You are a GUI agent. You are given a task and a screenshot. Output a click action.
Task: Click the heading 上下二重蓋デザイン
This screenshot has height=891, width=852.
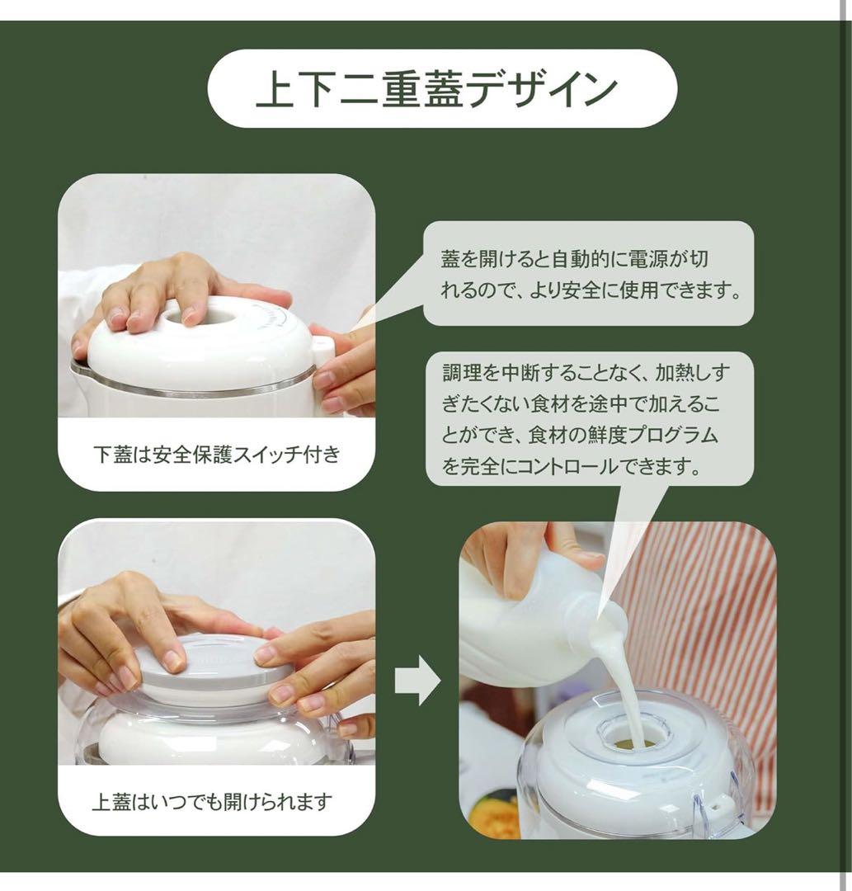[437, 89]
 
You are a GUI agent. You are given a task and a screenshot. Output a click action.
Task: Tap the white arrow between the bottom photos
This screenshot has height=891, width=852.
[417, 681]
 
